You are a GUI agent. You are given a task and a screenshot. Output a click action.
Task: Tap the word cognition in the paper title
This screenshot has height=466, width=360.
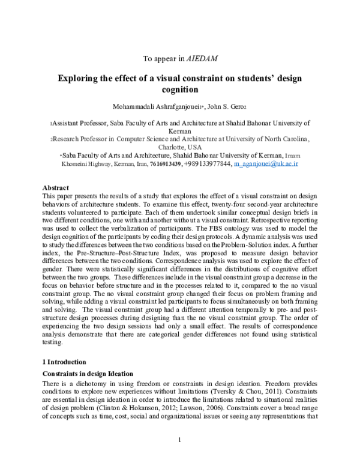point(180,90)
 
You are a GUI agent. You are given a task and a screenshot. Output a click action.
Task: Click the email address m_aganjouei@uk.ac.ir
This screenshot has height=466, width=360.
point(266,163)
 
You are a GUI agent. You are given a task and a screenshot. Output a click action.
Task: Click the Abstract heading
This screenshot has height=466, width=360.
point(56,188)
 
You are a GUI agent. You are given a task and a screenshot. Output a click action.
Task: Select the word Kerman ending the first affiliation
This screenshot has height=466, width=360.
point(180,130)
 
